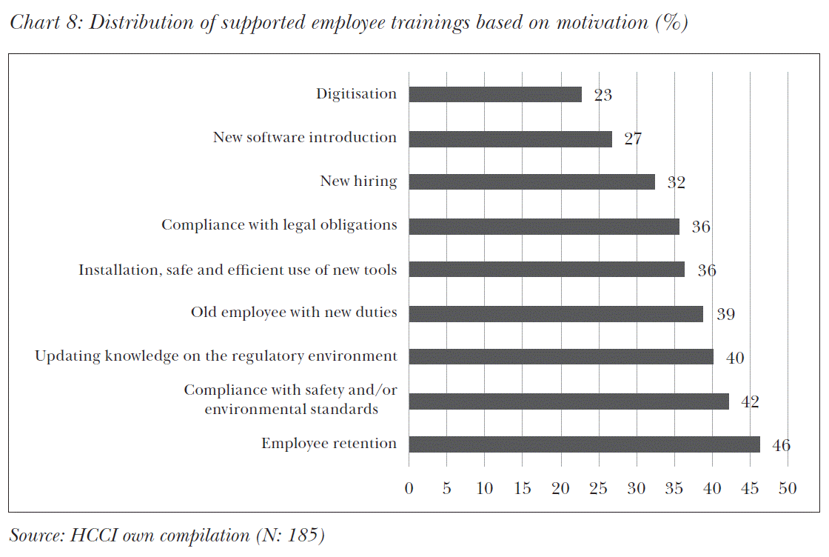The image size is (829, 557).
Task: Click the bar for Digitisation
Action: coord(494,94)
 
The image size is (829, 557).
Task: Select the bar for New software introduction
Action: coord(510,139)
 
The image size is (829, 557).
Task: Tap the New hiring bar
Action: coord(531,181)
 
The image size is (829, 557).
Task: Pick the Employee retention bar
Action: coord(584,444)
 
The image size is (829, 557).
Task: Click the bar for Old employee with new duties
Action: coord(555,313)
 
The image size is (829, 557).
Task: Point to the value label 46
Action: coord(781,445)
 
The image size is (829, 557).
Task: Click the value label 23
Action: coord(603,95)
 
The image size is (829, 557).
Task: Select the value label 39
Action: coord(725,314)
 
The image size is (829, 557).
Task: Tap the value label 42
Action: coord(750,401)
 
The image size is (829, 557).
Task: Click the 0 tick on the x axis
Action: coord(409,488)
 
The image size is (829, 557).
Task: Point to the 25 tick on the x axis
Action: coord(598,488)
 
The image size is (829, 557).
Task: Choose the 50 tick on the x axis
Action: coord(788,488)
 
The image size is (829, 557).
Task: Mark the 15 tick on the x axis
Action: coord(522,488)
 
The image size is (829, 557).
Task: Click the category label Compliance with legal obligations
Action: coord(279,225)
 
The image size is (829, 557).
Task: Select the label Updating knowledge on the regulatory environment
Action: coord(215,356)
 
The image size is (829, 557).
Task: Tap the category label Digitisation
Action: coord(356,94)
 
